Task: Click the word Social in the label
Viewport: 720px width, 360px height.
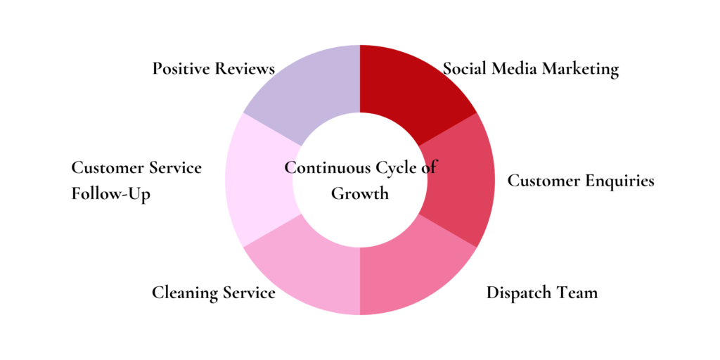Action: [465, 69]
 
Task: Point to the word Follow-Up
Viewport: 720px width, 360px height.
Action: [110, 194]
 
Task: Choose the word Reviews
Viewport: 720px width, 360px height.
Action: [245, 69]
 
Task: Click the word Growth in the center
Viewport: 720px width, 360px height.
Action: [360, 193]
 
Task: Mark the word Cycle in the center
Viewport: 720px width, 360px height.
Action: [394, 169]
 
